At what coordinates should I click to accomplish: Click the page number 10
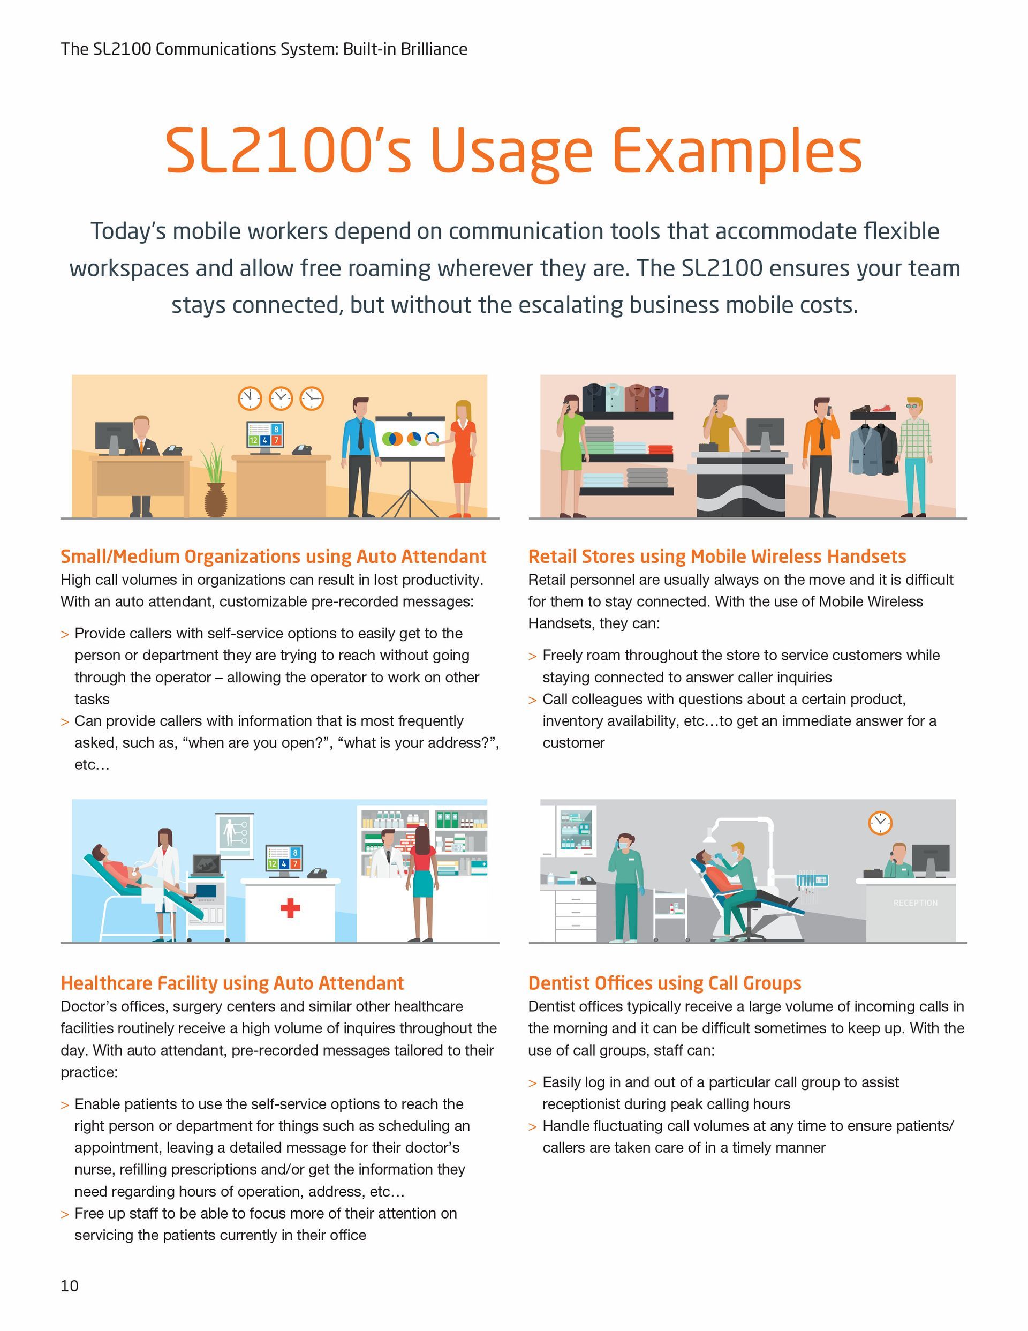pos(70,1285)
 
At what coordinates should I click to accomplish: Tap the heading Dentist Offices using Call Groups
pos(664,983)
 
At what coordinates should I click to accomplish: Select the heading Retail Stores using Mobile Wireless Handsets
pos(716,557)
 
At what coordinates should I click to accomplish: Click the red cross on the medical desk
pos(290,908)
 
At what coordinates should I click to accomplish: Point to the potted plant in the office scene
pos(215,482)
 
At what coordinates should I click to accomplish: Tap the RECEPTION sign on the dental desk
pos(915,903)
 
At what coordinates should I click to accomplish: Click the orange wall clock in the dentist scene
pos(880,823)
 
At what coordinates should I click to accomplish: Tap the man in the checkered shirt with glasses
pos(914,454)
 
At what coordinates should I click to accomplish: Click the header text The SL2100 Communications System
pos(264,49)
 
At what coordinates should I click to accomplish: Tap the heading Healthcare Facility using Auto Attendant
pos(231,983)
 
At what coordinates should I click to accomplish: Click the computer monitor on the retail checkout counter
pos(765,434)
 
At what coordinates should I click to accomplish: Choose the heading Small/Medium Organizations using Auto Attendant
pos(273,557)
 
